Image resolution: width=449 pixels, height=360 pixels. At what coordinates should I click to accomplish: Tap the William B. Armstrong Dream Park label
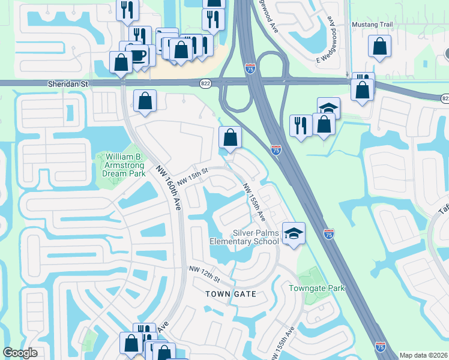121,165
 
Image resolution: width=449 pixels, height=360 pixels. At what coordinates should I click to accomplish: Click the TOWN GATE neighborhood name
231,294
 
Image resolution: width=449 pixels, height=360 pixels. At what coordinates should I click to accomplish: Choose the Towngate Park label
317,288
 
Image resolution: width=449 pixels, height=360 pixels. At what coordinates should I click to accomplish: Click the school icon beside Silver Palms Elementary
294,232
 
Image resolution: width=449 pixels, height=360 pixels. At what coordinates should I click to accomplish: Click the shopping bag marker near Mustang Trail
379,46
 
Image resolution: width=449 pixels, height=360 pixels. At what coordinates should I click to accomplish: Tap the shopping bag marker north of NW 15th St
230,137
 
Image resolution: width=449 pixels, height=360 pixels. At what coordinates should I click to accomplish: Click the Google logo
20,353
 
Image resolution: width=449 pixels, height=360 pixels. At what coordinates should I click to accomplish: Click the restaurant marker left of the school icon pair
300,125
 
